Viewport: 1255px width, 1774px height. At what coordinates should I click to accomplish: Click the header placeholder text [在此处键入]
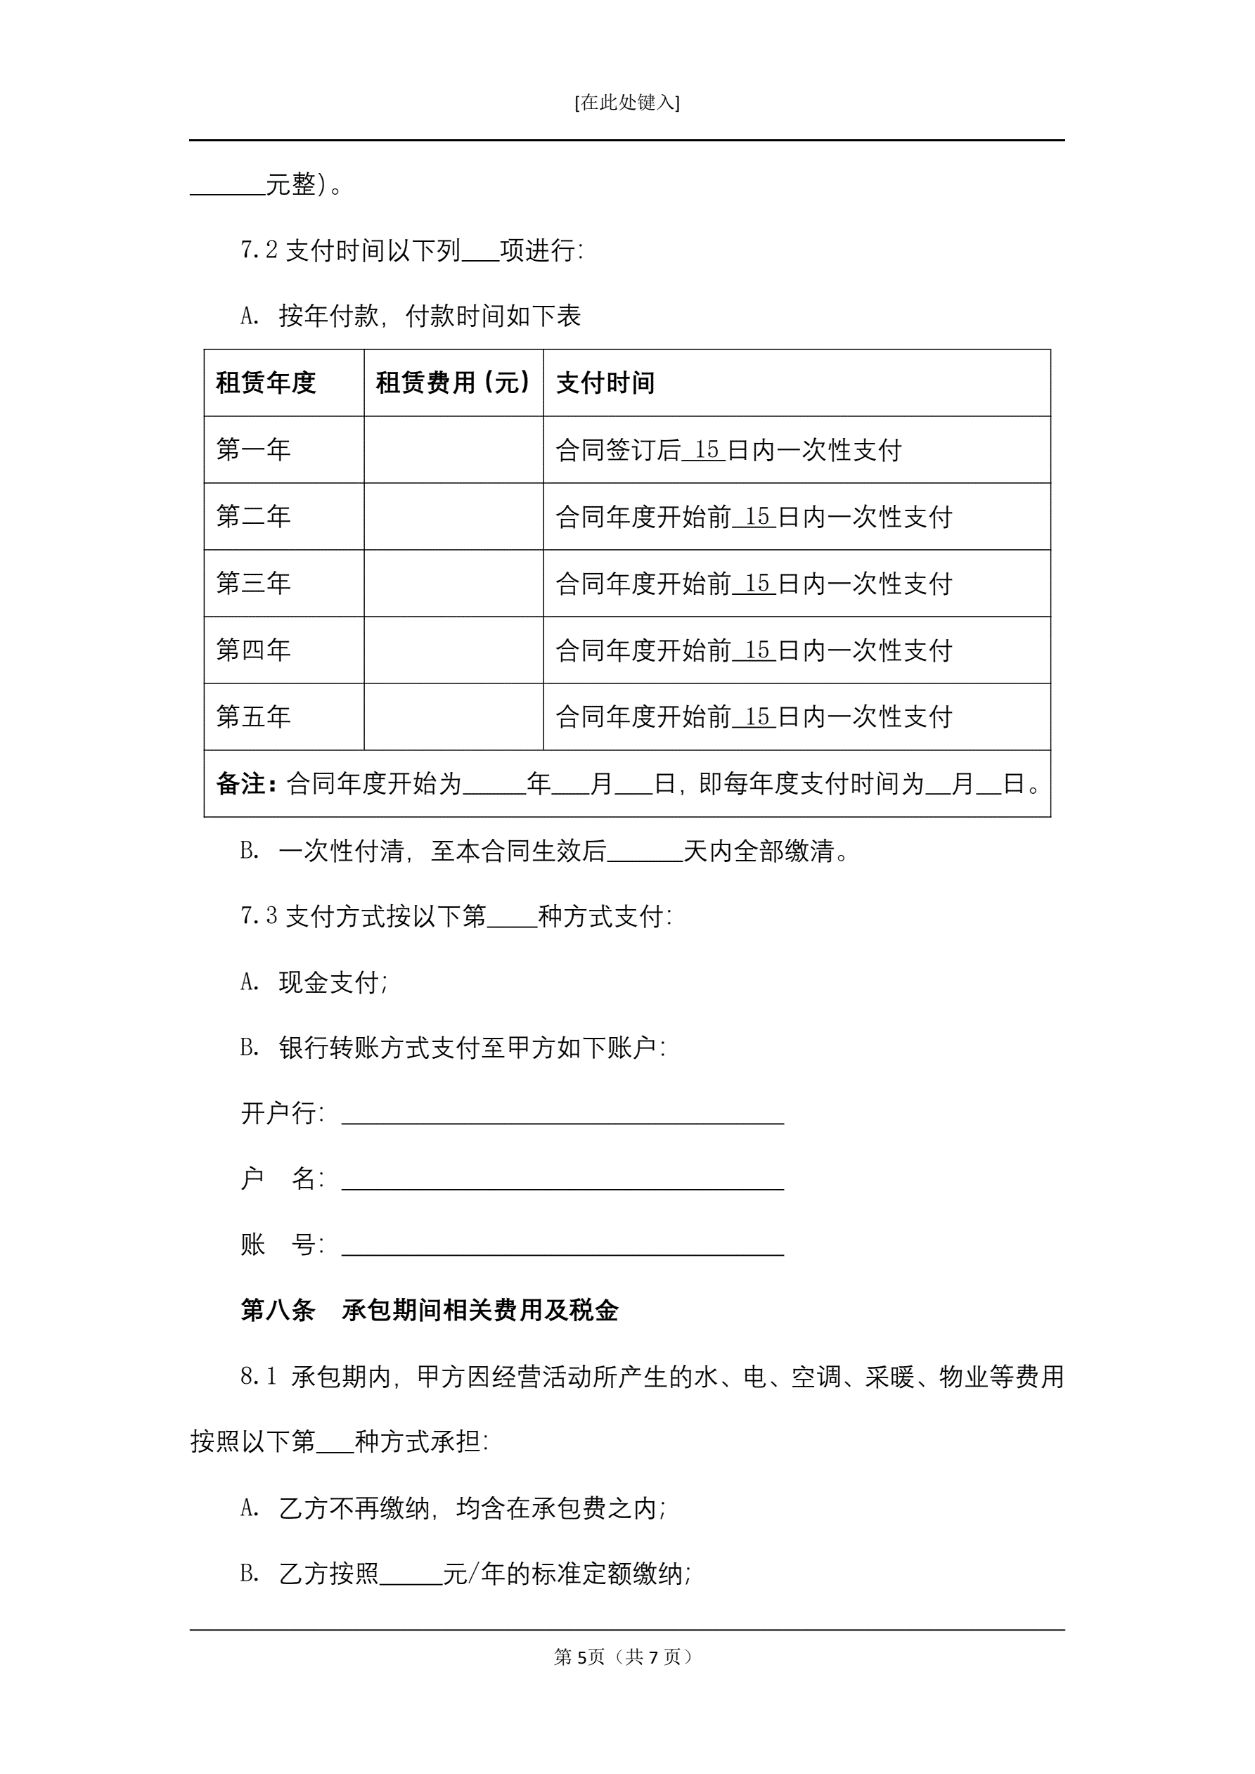(x=626, y=103)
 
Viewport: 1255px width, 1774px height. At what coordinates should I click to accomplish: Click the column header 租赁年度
(x=265, y=383)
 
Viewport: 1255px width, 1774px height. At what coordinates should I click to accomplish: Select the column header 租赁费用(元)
(x=453, y=383)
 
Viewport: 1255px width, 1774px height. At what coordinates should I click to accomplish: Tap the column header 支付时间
(x=605, y=383)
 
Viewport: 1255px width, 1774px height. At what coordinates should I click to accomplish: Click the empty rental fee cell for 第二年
(x=453, y=516)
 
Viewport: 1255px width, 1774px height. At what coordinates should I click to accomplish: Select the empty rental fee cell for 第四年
(x=453, y=650)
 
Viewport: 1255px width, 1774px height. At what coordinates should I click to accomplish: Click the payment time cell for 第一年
(x=728, y=450)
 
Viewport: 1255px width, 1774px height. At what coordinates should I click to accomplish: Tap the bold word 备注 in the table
(x=242, y=784)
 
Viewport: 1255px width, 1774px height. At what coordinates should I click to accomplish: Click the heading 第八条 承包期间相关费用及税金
(x=429, y=1311)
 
